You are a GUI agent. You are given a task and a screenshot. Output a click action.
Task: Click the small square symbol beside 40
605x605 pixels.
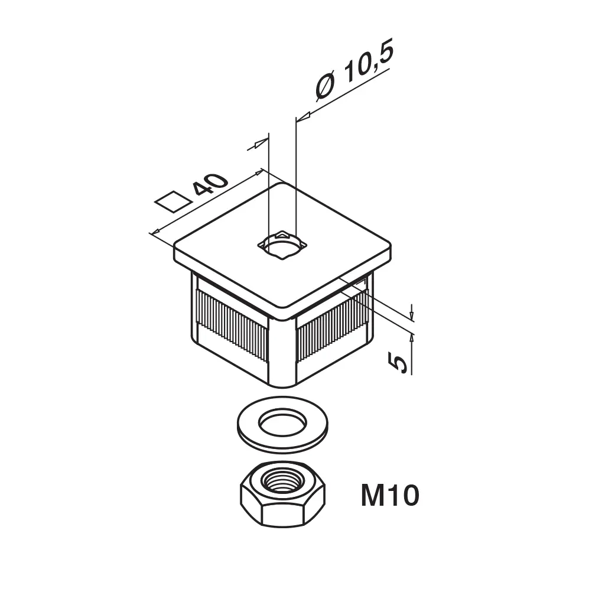pos(173,201)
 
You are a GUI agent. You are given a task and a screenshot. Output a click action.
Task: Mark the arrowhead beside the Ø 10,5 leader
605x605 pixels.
pos(304,116)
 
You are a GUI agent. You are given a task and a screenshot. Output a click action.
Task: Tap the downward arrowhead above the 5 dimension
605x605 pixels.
pos(412,312)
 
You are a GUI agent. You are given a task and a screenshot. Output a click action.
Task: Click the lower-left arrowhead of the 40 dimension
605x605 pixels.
pos(156,231)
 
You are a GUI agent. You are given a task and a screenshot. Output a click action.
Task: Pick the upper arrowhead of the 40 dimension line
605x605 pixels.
pos(257,173)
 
